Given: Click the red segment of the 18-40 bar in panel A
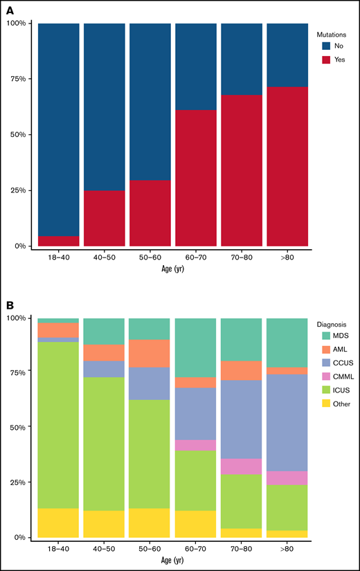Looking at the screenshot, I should tap(58, 241).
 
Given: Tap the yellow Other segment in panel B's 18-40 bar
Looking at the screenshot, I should tap(58, 523).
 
